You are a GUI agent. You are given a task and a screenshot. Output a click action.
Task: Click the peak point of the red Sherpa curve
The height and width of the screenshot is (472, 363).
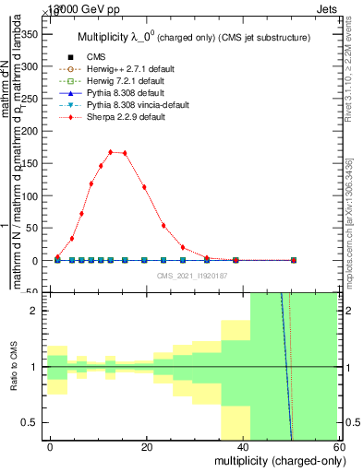coord(111,152)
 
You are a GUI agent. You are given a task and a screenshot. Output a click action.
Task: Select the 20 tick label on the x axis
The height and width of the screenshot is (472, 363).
coord(146,445)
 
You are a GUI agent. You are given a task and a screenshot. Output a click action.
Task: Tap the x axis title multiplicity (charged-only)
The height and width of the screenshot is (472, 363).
coord(276,460)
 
